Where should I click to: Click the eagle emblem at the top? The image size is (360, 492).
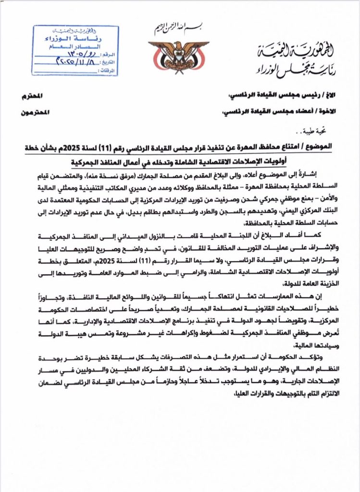tap(178, 54)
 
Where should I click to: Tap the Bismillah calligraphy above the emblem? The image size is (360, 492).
tap(178, 28)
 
